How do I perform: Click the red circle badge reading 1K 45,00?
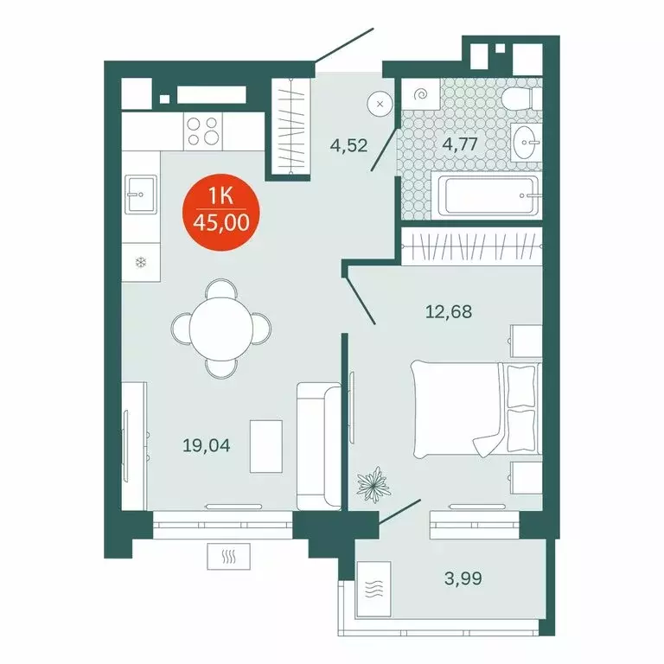point(221,212)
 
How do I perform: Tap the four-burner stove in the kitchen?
point(205,131)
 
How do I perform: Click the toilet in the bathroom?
point(520,98)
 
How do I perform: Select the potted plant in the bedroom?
point(373,485)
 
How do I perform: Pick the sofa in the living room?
point(316,445)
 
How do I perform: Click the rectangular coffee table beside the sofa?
point(266,446)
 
